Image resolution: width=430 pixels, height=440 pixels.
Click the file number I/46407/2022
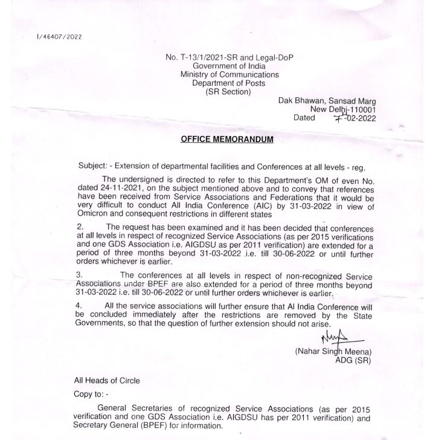pyautogui.click(x=59, y=37)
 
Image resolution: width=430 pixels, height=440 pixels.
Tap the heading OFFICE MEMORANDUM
pyautogui.click(x=226, y=140)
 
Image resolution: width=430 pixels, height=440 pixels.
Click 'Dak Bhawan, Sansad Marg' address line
pyautogui.click(x=327, y=101)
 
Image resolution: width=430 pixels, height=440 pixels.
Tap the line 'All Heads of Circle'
pyautogui.click(x=106, y=381)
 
